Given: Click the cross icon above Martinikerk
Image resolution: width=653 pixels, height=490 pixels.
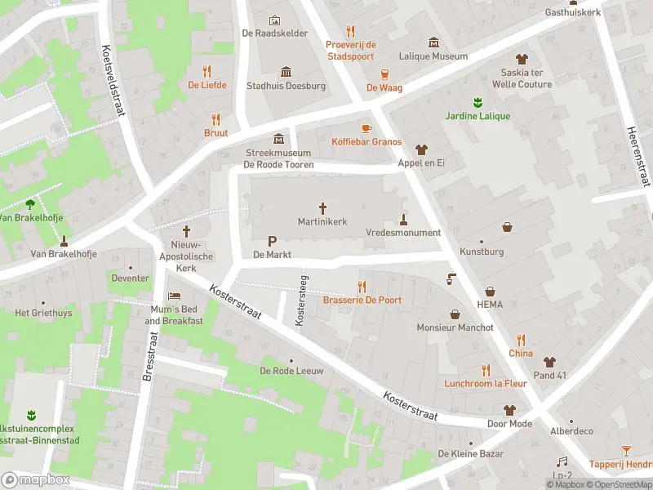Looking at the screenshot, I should pyautogui.click(x=322, y=207).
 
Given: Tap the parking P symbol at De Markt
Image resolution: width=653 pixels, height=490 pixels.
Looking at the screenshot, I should pyautogui.click(x=272, y=241).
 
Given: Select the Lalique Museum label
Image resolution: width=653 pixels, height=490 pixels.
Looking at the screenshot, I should pyautogui.click(x=433, y=56).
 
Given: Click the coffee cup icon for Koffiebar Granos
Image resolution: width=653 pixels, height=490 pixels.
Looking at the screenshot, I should pyautogui.click(x=366, y=127).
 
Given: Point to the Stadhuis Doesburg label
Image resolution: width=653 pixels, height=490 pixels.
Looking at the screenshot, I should pyautogui.click(x=286, y=86).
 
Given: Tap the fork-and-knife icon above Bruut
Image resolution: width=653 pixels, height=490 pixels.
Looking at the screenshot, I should pyautogui.click(x=216, y=118).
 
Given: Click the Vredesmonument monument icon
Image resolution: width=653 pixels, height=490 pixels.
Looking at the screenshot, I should pyautogui.click(x=402, y=218).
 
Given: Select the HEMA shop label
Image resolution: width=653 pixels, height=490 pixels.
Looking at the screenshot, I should pyautogui.click(x=490, y=305).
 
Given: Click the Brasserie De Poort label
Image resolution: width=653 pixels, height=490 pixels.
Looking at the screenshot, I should pyautogui.click(x=362, y=300).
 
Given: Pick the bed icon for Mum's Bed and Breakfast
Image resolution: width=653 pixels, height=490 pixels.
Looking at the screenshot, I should pyautogui.click(x=174, y=296).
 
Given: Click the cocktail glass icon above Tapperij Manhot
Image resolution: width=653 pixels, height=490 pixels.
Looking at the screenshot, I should pyautogui.click(x=626, y=449).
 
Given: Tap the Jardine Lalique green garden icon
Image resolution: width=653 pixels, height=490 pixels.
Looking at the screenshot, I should pyautogui.click(x=478, y=102).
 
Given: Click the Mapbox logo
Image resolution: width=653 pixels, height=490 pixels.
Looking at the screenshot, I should pyautogui.click(x=36, y=479).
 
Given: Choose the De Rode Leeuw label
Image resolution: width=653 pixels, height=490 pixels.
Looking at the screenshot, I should pyautogui.click(x=291, y=371).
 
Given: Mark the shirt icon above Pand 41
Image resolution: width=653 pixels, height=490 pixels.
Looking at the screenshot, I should pyautogui.click(x=549, y=362).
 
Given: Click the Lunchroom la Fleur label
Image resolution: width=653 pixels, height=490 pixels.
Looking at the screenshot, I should pyautogui.click(x=485, y=383).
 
